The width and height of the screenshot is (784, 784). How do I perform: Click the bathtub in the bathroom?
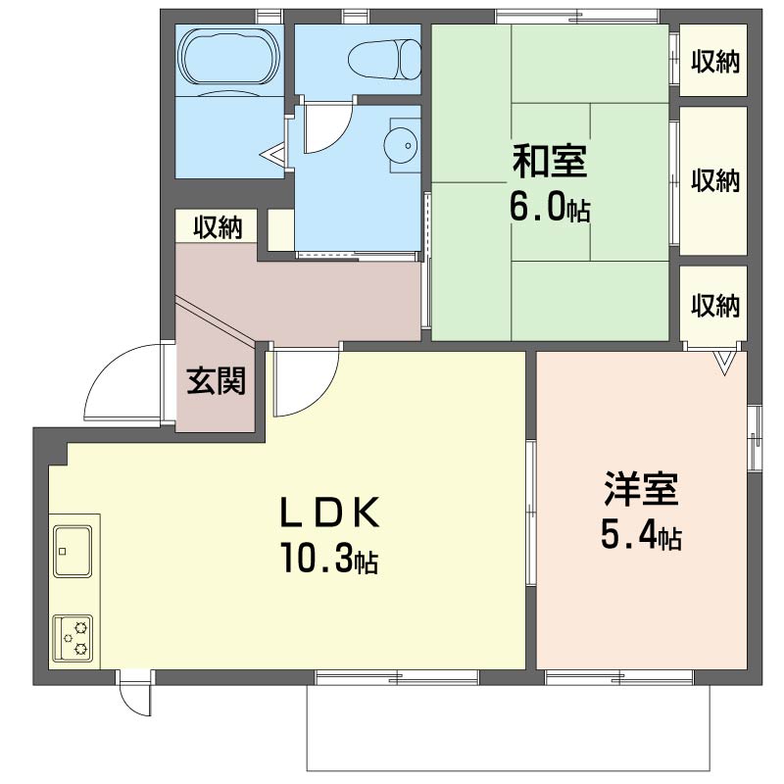230,56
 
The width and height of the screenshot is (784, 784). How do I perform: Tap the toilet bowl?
384,59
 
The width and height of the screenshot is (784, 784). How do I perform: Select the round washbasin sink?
400,145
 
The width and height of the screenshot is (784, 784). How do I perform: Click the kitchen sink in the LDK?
73,551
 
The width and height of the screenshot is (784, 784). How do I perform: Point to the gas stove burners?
73,639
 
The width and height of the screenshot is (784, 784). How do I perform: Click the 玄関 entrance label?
216,380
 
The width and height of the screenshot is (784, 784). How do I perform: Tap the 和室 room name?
550,161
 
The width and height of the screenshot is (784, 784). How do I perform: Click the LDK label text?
329,513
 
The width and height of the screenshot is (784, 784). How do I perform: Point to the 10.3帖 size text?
329,558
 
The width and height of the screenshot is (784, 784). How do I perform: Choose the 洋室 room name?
641,488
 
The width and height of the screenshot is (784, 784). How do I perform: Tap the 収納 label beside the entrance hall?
218,227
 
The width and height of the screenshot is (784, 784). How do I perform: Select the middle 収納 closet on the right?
714,180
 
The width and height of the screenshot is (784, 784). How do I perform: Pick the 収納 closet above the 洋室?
714,305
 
